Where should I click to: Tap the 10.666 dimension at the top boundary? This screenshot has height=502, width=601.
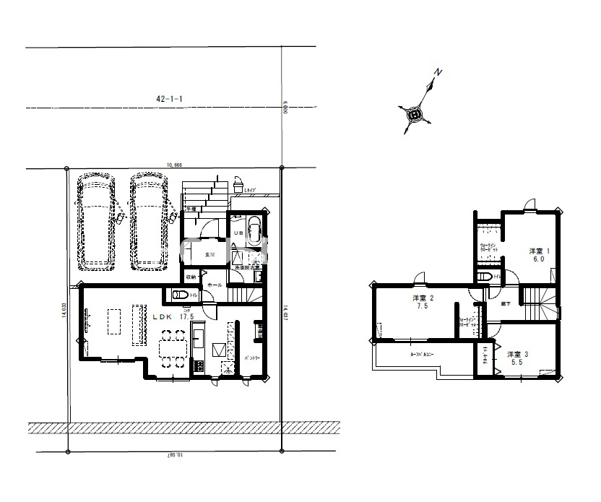(173, 165)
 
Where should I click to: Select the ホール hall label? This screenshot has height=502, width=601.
(215, 285)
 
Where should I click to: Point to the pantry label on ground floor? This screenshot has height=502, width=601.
(251, 358)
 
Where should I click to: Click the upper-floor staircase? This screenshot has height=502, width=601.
(540, 302)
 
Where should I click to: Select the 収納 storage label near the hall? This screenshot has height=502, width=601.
(191, 277)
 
